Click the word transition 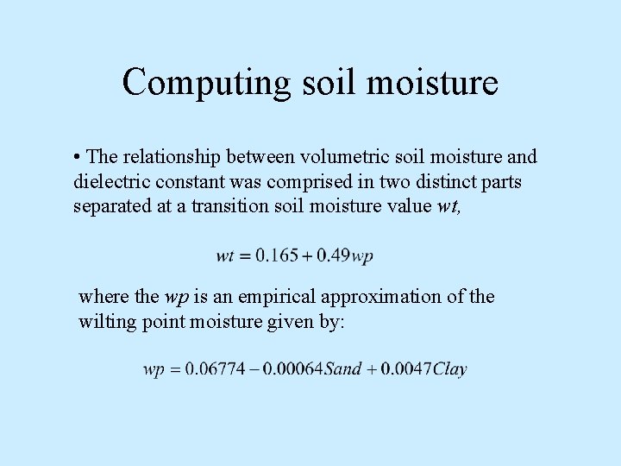click(x=229, y=207)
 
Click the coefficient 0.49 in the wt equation click(x=335, y=255)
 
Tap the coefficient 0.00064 click(x=292, y=369)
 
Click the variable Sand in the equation click(x=342, y=369)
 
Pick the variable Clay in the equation click(x=449, y=369)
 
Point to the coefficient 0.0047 click(x=405, y=369)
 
